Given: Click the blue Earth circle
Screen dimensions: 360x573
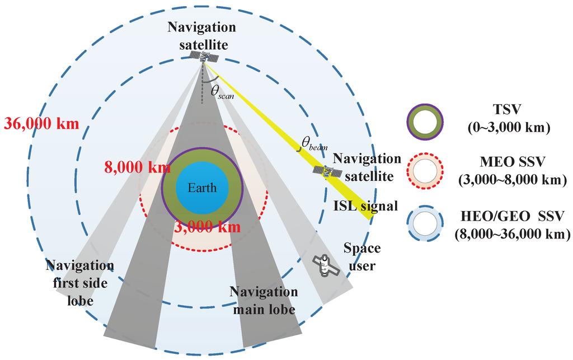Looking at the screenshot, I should pyautogui.click(x=201, y=188).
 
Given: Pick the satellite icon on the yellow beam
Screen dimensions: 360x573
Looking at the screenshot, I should pyautogui.click(x=327, y=172).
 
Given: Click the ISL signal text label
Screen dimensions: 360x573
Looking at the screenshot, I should pyautogui.click(x=366, y=206).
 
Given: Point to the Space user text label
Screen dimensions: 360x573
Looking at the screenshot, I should pyautogui.click(x=361, y=256).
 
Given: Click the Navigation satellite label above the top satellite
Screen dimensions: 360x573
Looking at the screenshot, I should pyautogui.click(x=203, y=35).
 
